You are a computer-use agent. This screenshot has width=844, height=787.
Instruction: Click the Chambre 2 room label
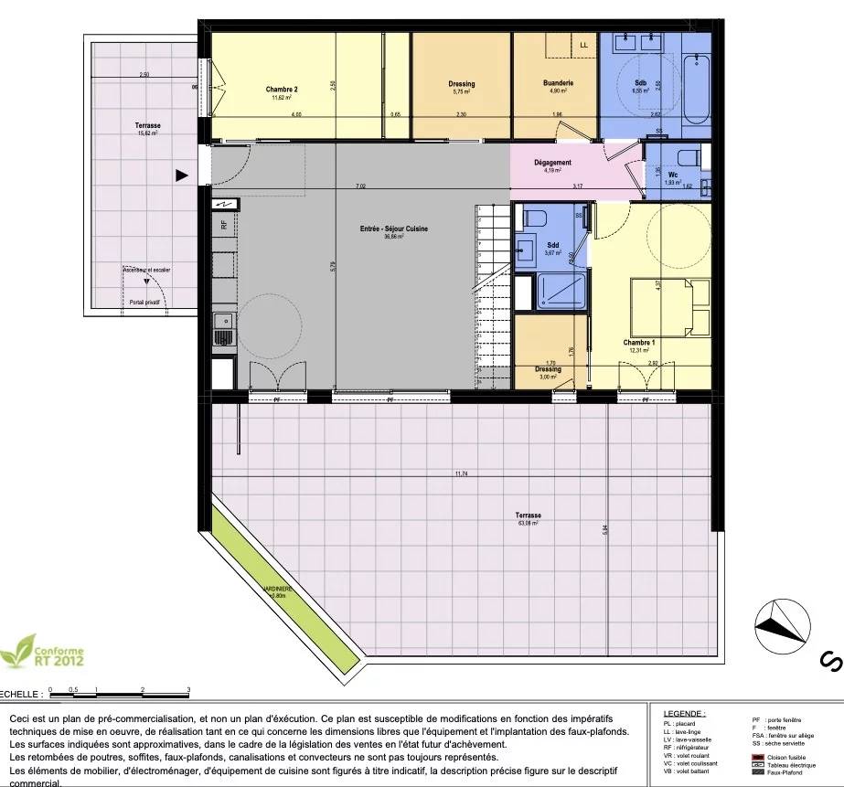(x=283, y=90)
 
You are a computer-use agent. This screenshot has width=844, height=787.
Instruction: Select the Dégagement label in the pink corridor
(x=552, y=163)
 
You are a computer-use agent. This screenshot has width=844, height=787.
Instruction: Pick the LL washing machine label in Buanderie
(x=583, y=45)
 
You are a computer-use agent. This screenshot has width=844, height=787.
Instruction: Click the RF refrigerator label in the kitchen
(x=223, y=224)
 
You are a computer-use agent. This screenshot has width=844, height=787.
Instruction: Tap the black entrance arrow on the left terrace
(x=182, y=175)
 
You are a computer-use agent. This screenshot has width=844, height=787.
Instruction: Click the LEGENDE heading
(x=687, y=713)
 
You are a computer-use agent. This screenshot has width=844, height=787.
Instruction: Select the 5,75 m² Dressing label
(x=462, y=88)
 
